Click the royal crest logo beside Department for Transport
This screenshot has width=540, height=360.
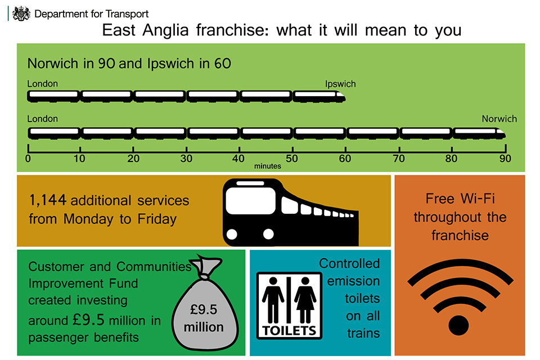[x=21, y=13]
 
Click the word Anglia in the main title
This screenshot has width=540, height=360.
[x=165, y=31]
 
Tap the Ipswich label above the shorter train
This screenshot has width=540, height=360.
[x=340, y=84]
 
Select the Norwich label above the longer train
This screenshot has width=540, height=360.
[x=499, y=119]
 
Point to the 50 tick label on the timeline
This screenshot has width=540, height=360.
[x=292, y=159]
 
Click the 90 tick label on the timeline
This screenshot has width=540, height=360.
[x=505, y=159]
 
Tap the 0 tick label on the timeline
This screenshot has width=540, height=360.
[x=28, y=159]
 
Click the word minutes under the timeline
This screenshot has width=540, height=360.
[x=268, y=166]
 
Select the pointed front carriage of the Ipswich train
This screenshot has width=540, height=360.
[x=319, y=96]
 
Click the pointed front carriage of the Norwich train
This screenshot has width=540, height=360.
[x=479, y=133]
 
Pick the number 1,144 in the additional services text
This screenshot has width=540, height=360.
[x=47, y=200]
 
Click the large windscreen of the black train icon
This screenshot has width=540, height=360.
[x=251, y=201]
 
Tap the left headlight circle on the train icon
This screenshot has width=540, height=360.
[x=232, y=234]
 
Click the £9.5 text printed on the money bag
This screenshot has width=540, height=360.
[x=204, y=310]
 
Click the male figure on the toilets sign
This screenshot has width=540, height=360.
[x=273, y=300]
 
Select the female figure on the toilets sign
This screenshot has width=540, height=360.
[x=305, y=300]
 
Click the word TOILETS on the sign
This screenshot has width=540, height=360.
[x=289, y=331]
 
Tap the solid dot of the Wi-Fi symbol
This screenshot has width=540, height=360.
[x=459, y=325]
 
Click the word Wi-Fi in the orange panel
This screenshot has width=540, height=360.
[x=478, y=199]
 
